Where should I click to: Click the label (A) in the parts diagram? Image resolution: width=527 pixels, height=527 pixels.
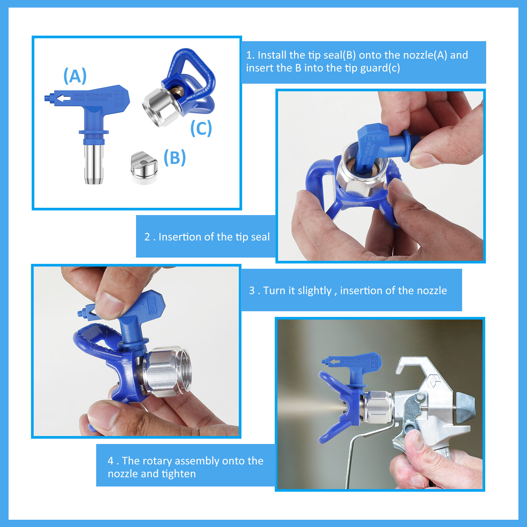pyautogui.click(x=75, y=76)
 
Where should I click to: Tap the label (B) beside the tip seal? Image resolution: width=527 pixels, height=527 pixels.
pyautogui.click(x=175, y=157)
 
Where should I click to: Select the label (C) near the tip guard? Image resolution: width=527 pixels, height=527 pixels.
pyautogui.click(x=201, y=128)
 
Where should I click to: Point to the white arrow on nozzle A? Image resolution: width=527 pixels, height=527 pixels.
pyautogui.click(x=63, y=98)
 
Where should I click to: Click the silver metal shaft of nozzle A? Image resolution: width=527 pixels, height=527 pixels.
pyautogui.click(x=94, y=163)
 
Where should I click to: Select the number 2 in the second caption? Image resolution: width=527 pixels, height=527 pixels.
pyautogui.click(x=147, y=237)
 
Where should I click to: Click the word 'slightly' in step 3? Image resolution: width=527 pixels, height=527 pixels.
pyautogui.click(x=314, y=291)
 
